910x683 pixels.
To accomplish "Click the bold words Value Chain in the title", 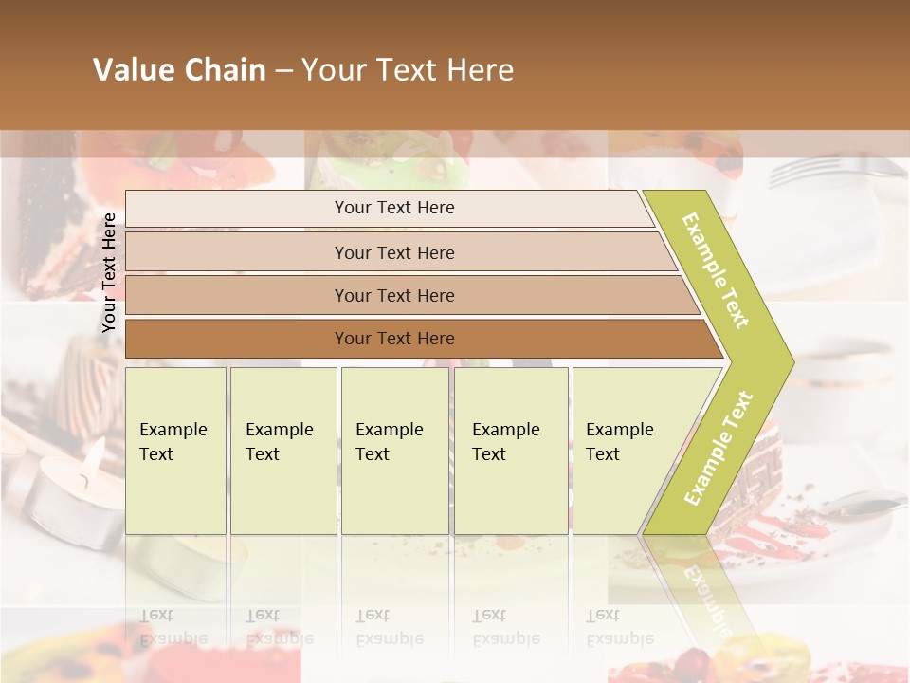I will pos(179,70).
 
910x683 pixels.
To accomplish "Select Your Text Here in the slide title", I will pos(408,70).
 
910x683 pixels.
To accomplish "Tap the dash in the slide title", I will pos(283,71).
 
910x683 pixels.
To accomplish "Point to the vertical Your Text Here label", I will pos(109,272).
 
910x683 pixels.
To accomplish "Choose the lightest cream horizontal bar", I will pos(389,208).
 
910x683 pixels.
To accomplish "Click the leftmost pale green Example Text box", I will pos(175,450).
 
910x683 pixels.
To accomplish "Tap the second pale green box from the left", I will pos(283,450).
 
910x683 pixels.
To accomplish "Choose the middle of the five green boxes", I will pos(394,450).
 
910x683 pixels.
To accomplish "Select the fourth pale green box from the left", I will pos(511,450).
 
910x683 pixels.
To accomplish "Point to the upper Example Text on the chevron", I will pos(716,270).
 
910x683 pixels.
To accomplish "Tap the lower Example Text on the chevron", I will pos(719,448).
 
